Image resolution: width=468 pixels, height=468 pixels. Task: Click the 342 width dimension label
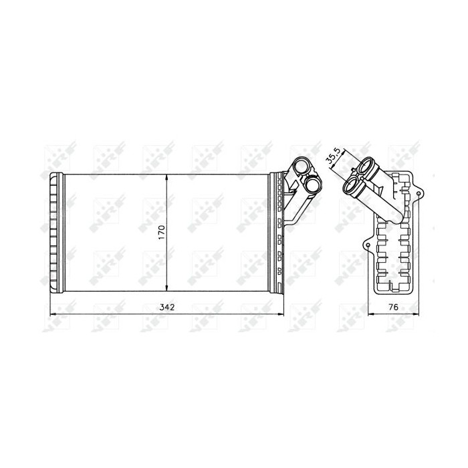point(166,307)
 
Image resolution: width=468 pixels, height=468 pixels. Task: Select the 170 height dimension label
point(162,232)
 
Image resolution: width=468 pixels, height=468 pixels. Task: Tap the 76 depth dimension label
point(393,307)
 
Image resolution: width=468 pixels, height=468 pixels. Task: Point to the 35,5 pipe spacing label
point(333,156)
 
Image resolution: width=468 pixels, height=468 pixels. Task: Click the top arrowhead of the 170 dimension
point(166,178)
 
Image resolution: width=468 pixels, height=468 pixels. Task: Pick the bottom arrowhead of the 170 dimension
point(166,287)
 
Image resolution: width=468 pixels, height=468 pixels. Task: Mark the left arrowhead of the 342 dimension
point(53,314)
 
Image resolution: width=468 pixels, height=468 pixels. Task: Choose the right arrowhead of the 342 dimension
point(280,314)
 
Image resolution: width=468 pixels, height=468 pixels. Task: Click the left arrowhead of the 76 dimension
point(371,314)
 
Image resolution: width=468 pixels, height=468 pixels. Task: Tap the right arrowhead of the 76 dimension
point(416,314)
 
